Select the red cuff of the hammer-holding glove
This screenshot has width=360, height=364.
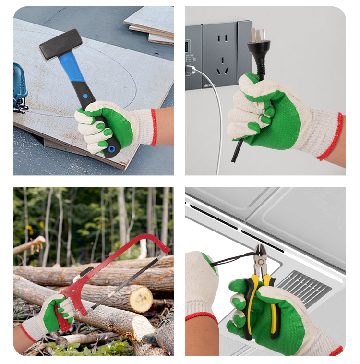pos(154,127)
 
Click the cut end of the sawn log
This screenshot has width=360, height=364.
pos(141,299)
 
